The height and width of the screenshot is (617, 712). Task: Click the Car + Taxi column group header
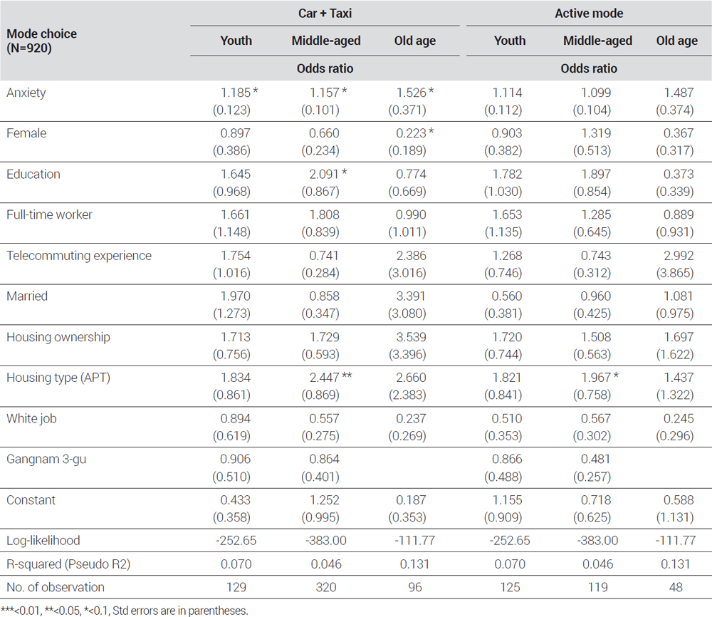point(325,13)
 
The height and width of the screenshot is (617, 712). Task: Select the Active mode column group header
point(589,13)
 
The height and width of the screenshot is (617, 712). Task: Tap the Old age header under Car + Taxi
point(414,41)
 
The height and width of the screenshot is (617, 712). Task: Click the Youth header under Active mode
point(510,41)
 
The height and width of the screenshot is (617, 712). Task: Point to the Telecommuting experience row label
point(79,255)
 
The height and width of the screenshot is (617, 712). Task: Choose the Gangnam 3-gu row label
point(46,459)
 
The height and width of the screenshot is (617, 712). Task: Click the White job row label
point(31,418)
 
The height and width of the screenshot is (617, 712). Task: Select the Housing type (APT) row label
point(58,378)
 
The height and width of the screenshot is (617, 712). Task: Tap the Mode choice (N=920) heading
point(41,41)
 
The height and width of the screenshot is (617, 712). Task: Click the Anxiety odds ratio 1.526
point(412,92)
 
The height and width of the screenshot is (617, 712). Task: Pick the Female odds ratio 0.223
point(412,133)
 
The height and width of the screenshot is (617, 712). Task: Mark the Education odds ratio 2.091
point(324,174)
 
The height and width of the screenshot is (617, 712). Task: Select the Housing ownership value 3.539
point(412,337)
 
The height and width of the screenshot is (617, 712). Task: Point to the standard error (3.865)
point(675,273)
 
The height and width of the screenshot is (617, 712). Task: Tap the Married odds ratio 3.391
point(412,296)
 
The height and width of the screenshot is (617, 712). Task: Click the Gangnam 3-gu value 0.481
point(596,459)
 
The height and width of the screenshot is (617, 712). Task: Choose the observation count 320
point(326,587)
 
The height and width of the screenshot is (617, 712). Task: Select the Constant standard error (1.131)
point(675,517)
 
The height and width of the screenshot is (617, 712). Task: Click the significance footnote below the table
point(125,611)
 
